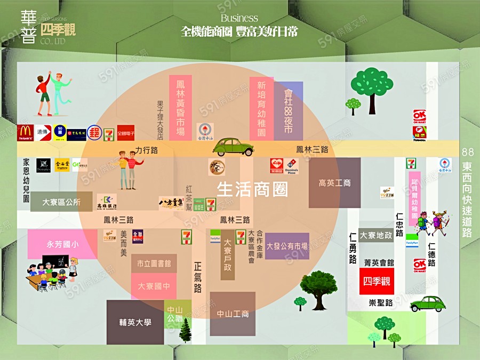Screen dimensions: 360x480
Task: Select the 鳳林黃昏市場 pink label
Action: [x=180, y=107]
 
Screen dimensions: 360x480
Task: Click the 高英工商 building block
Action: [x=334, y=183]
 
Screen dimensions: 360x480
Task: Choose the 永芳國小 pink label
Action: [x=62, y=245]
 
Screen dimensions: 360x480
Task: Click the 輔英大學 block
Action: [x=135, y=322]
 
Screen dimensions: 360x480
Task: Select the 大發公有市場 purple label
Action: [x=287, y=246]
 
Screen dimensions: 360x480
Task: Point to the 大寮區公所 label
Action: [x=61, y=202]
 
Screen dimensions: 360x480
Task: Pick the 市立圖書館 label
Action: [x=154, y=263]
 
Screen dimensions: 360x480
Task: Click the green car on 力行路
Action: [x=233, y=147]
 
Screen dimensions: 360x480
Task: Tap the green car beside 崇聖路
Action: [x=428, y=303]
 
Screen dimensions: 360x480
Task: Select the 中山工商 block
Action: [x=233, y=314]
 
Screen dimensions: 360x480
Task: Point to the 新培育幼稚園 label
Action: [x=261, y=109]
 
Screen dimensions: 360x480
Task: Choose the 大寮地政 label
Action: [x=376, y=235]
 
